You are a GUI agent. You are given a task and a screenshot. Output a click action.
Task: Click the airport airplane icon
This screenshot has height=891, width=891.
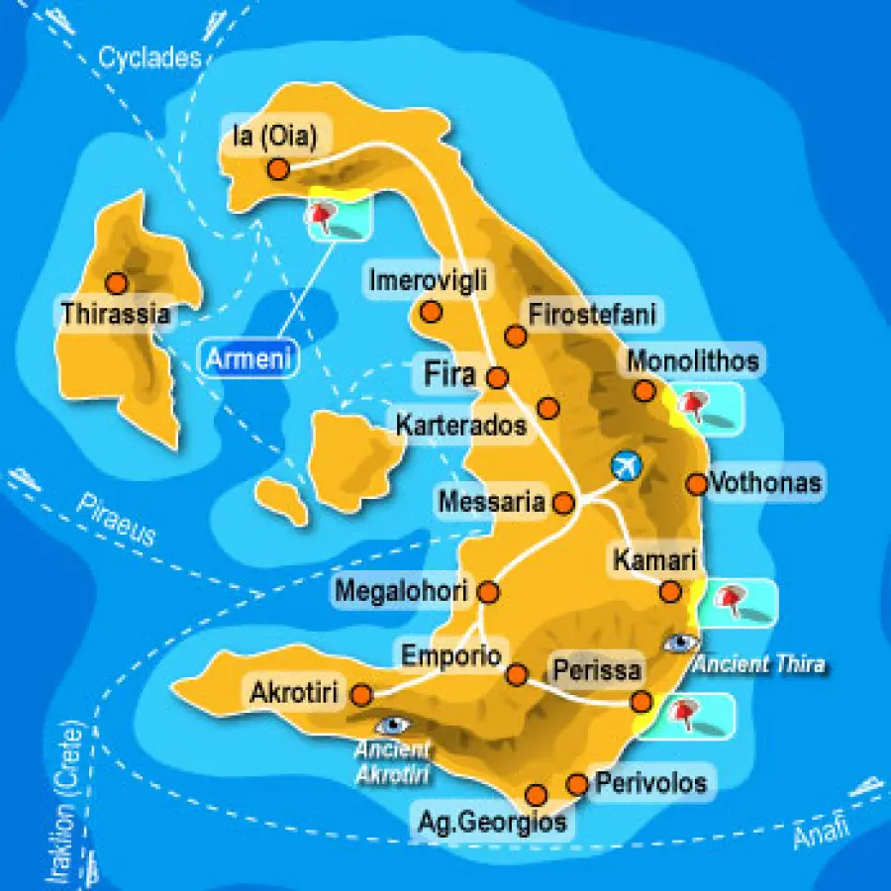pos(626,463)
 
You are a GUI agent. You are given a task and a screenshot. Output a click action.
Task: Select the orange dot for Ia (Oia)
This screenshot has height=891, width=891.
pos(278,169)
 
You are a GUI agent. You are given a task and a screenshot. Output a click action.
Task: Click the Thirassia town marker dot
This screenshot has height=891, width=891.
pos(117,284)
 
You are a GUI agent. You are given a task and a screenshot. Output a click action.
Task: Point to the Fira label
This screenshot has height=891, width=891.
pos(450,375)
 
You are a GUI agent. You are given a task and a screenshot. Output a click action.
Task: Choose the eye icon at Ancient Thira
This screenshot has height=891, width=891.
pos(681,643)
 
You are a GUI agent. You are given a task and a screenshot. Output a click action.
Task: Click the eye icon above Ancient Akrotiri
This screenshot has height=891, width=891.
pos(393,726)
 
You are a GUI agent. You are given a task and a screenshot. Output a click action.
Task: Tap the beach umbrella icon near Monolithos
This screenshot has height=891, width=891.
pos(696,404)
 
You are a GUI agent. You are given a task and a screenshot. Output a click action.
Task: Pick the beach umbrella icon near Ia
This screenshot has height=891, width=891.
pos(325,214)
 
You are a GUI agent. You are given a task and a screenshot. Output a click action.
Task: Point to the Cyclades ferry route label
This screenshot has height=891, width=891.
pos(149,57)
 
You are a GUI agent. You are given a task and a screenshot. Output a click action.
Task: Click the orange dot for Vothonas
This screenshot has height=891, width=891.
pos(697,483)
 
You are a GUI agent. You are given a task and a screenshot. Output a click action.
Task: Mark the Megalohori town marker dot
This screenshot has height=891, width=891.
pos(488,592)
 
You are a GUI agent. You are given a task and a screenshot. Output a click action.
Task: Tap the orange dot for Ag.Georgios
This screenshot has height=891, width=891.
pos(537,794)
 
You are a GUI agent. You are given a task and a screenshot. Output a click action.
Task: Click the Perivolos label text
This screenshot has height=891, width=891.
pos(650,783)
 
